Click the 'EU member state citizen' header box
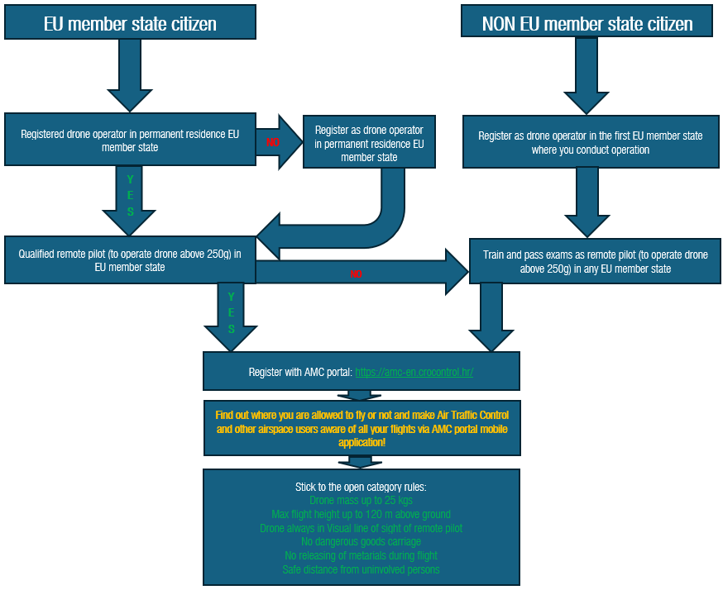[130, 24]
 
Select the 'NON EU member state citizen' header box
[587, 24]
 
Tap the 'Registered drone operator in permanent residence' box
[130, 140]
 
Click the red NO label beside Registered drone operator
[272, 142]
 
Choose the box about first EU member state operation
[591, 143]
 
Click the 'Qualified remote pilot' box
[130, 261]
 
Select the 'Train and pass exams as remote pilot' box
[595, 262]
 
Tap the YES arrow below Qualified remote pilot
[231, 314]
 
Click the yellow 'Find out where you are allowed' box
[361, 428]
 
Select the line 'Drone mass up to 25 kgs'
[361, 500]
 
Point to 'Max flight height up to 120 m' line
[361, 514]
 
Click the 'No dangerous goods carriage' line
[361, 542]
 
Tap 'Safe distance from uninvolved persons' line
[361, 569]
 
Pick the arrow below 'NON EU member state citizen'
[587, 74]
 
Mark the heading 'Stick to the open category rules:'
[361, 486]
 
